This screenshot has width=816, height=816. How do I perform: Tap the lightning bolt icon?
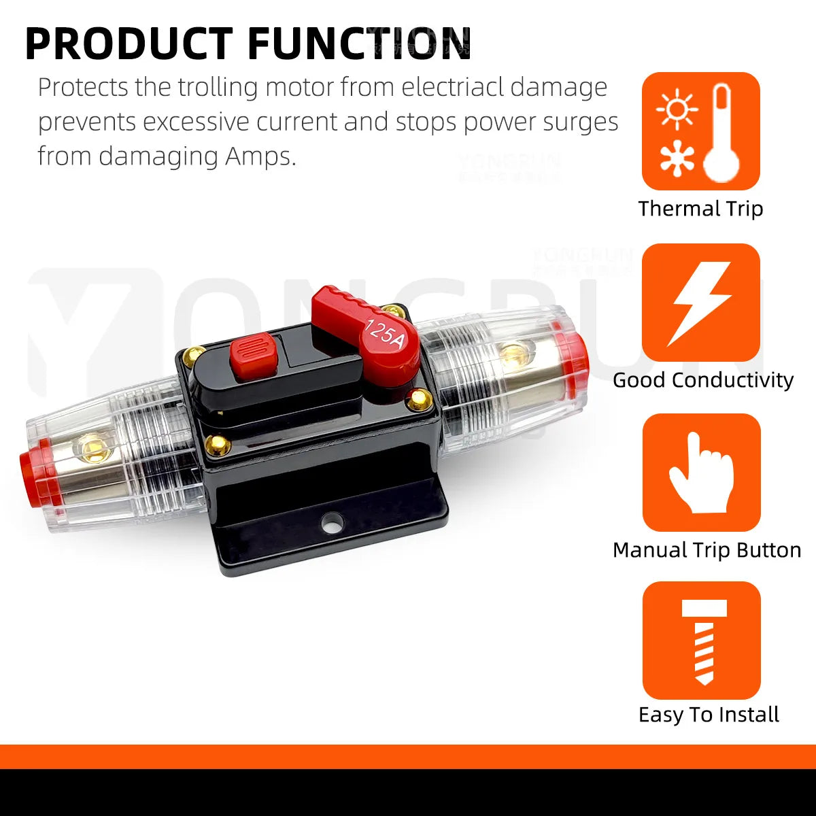click(701, 303)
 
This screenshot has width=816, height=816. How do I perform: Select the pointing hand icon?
click(701, 473)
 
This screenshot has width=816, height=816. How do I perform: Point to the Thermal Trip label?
click(700, 209)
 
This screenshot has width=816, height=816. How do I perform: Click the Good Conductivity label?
click(702, 380)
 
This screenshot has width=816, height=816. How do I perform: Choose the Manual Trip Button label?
click(707, 550)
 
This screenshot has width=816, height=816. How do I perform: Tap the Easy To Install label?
click(709, 715)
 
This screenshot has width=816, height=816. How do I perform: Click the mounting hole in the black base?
click(333, 524)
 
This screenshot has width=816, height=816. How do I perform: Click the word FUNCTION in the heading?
click(359, 44)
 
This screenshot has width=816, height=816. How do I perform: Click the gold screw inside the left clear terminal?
click(86, 447)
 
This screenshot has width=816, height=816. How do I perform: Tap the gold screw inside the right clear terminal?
click(513, 352)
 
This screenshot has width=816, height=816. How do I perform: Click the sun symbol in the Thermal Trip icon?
click(677, 109)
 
